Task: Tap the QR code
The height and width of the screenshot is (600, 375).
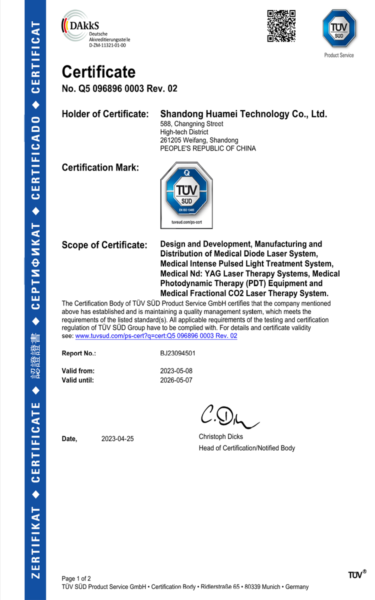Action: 281,26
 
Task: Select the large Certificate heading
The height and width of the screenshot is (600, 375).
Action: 98,72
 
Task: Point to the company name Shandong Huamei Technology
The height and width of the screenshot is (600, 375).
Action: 243,114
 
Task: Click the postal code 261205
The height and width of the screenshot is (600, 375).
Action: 170,140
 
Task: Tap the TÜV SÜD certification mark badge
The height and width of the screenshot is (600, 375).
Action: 186,195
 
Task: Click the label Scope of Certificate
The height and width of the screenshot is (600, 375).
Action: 104,245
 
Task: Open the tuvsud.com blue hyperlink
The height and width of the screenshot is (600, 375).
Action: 156,336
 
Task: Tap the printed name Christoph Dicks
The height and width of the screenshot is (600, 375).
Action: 220,436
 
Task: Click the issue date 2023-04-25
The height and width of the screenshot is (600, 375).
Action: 117,439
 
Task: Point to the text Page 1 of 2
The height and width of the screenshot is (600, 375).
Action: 76,578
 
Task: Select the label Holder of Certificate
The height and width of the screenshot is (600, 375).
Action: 105,114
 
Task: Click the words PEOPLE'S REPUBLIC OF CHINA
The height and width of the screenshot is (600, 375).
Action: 207,148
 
